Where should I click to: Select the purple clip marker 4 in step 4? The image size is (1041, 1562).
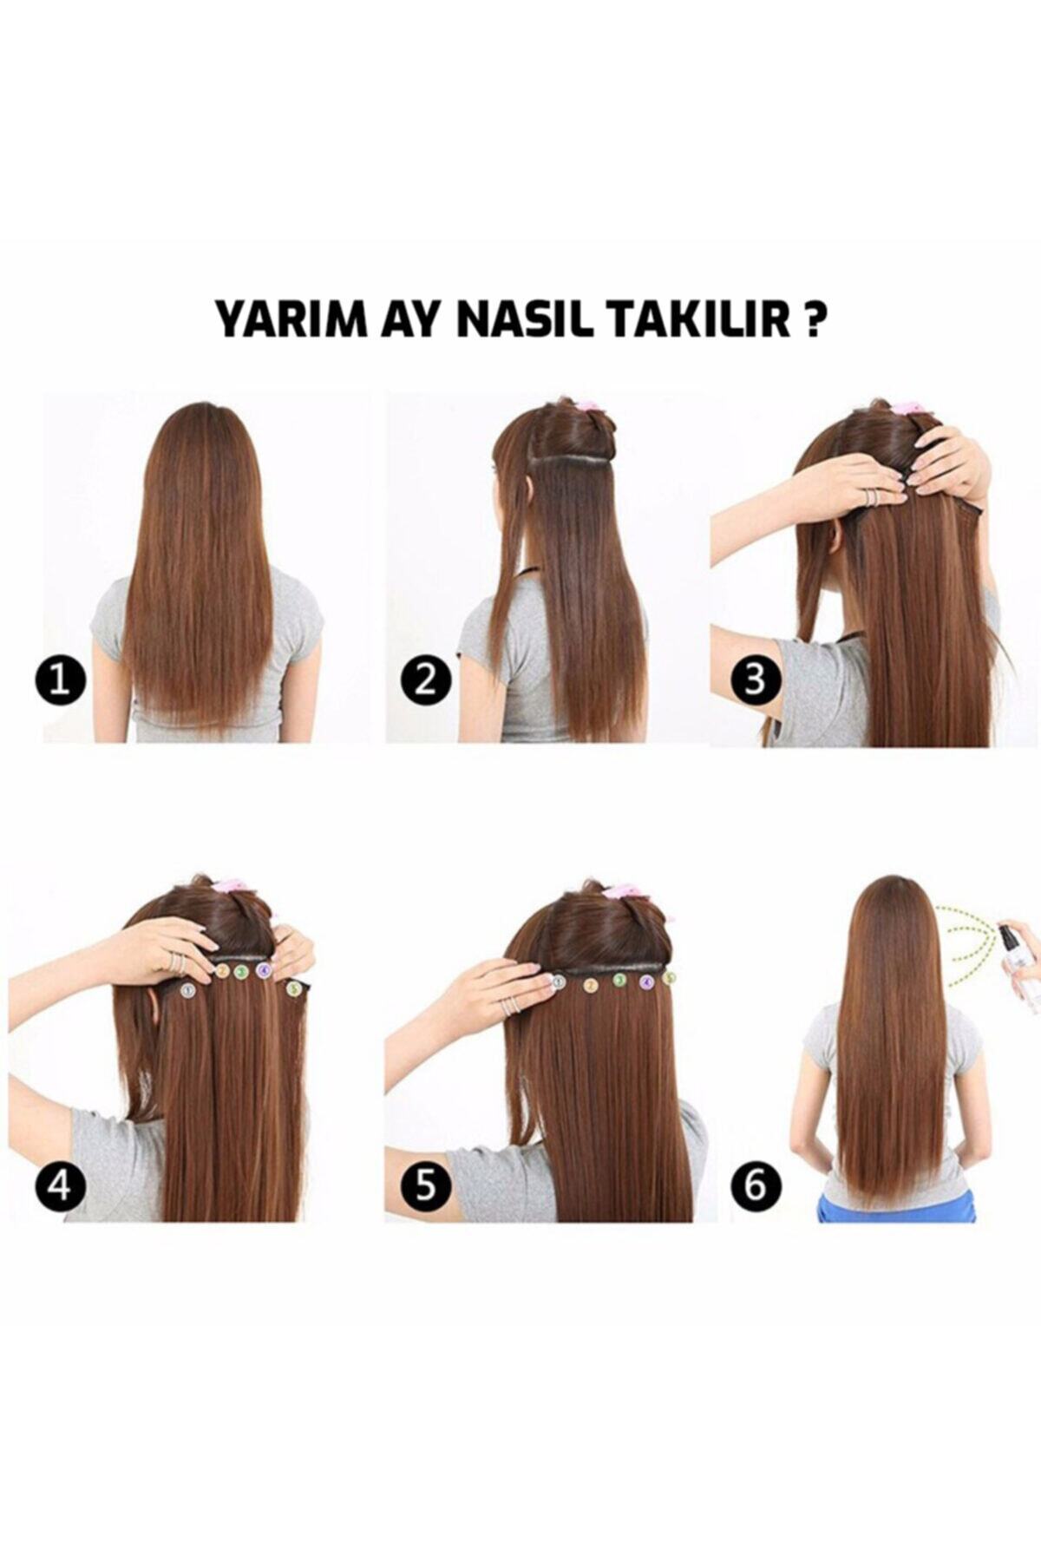click(x=263, y=971)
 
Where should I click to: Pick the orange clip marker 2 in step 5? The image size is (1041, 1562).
click(x=591, y=984)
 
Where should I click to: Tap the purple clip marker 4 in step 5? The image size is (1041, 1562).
click(x=646, y=982)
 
